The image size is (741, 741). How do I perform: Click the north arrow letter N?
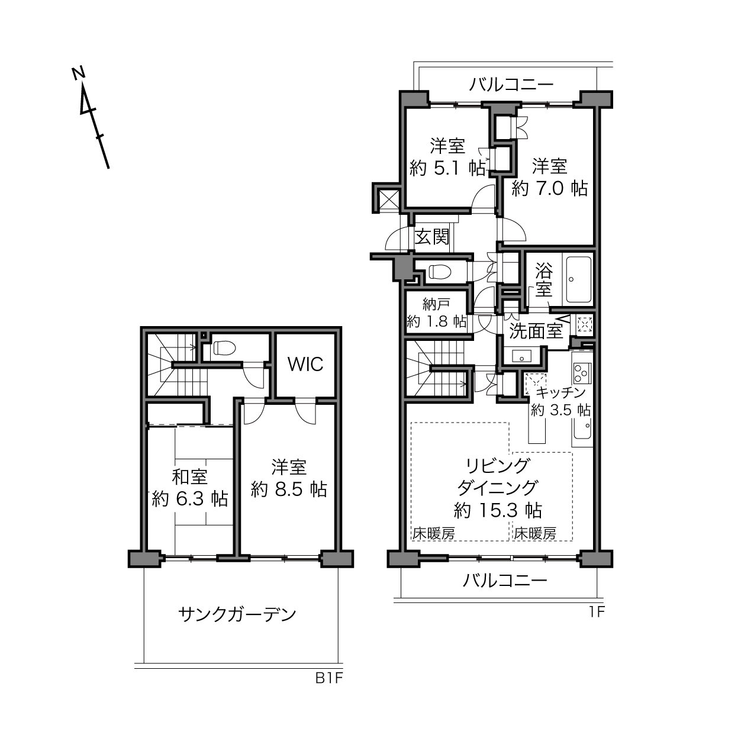click(x=79, y=73)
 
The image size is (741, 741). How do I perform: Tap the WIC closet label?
click(x=306, y=364)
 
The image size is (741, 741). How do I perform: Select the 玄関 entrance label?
click(x=432, y=237)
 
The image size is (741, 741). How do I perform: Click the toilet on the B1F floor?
click(x=224, y=348)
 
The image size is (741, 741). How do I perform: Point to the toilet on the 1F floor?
click(x=440, y=272)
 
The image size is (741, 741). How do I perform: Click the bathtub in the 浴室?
click(x=578, y=279)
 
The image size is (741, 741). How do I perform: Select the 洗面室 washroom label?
click(x=536, y=331)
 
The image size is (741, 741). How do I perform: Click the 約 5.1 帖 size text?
click(x=447, y=168)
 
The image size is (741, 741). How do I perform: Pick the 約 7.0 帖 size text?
click(x=549, y=188)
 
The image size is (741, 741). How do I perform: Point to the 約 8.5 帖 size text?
click(x=289, y=489)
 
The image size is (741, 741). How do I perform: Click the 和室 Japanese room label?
click(x=189, y=477)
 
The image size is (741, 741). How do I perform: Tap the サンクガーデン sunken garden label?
click(x=237, y=614)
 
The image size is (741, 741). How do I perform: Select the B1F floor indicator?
click(x=329, y=678)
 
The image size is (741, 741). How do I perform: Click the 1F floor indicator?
click(x=597, y=611)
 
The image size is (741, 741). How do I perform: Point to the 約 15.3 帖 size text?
click(x=498, y=511)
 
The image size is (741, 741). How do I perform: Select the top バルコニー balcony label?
click(x=511, y=84)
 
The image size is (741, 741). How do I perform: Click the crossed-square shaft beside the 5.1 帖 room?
click(x=389, y=199)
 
